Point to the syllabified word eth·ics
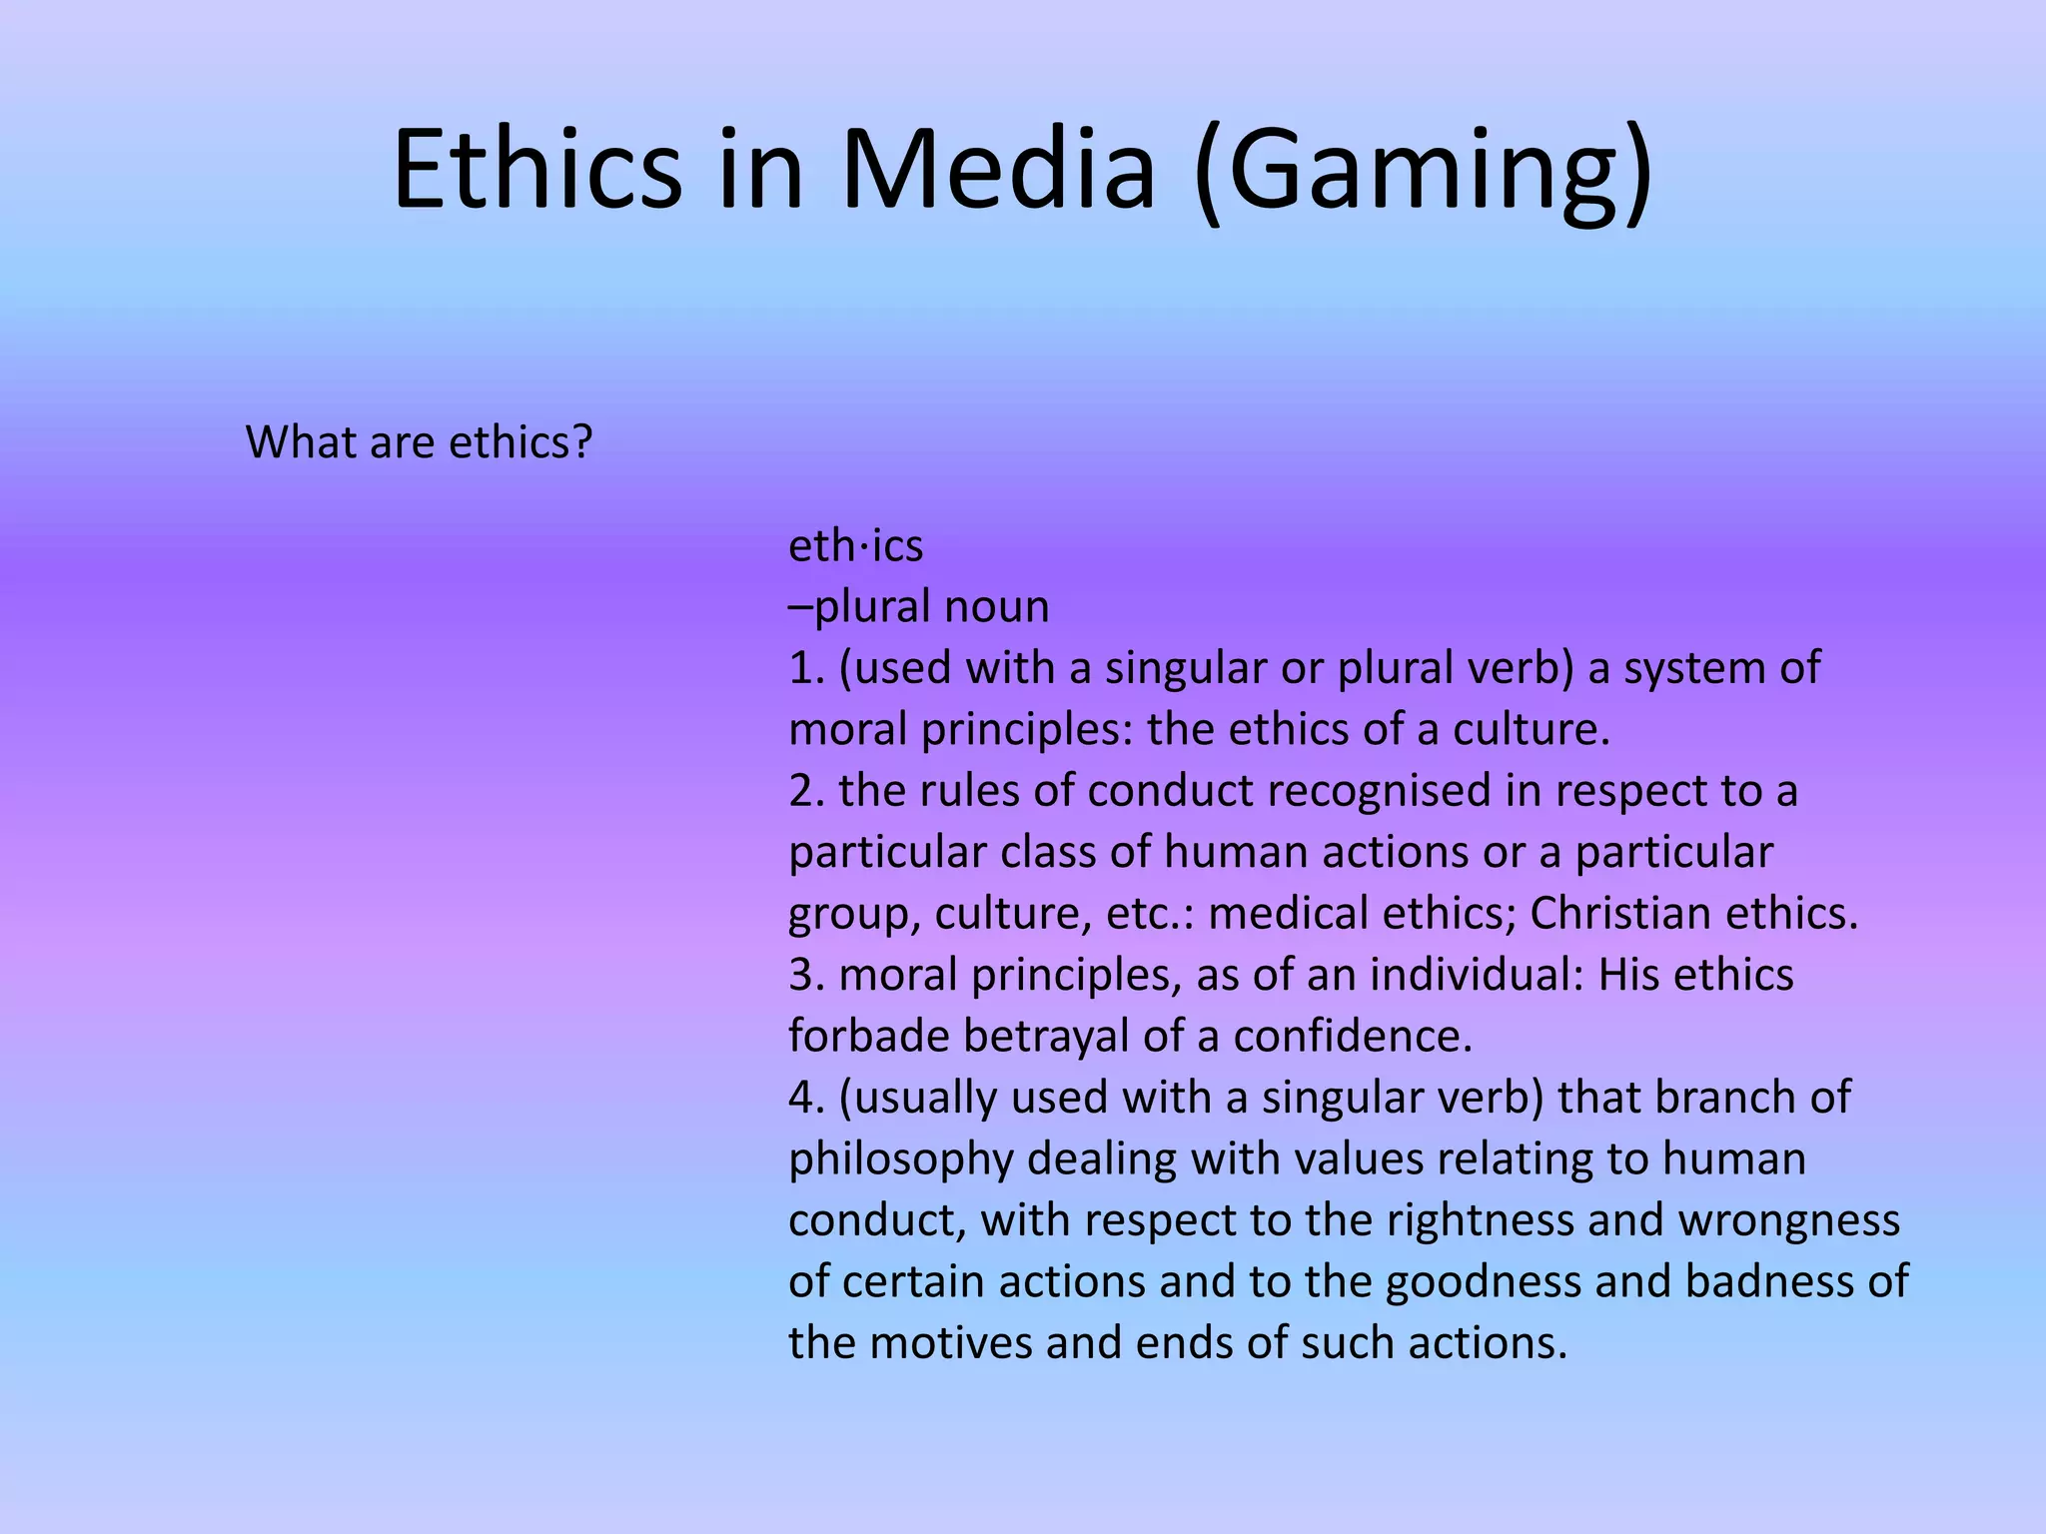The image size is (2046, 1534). point(855,546)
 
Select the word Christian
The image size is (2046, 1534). point(1620,913)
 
